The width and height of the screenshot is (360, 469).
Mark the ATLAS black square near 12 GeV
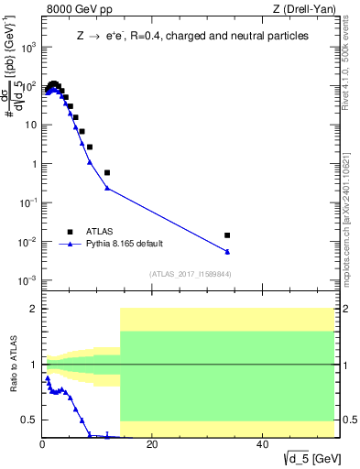(x=107, y=172)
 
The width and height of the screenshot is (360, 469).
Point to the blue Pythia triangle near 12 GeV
(x=107, y=188)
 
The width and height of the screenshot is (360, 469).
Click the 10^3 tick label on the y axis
(x=28, y=48)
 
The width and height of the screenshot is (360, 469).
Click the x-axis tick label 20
(x=152, y=445)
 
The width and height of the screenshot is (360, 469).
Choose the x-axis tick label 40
(x=262, y=445)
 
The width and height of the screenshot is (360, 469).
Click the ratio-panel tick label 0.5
(x=29, y=420)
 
